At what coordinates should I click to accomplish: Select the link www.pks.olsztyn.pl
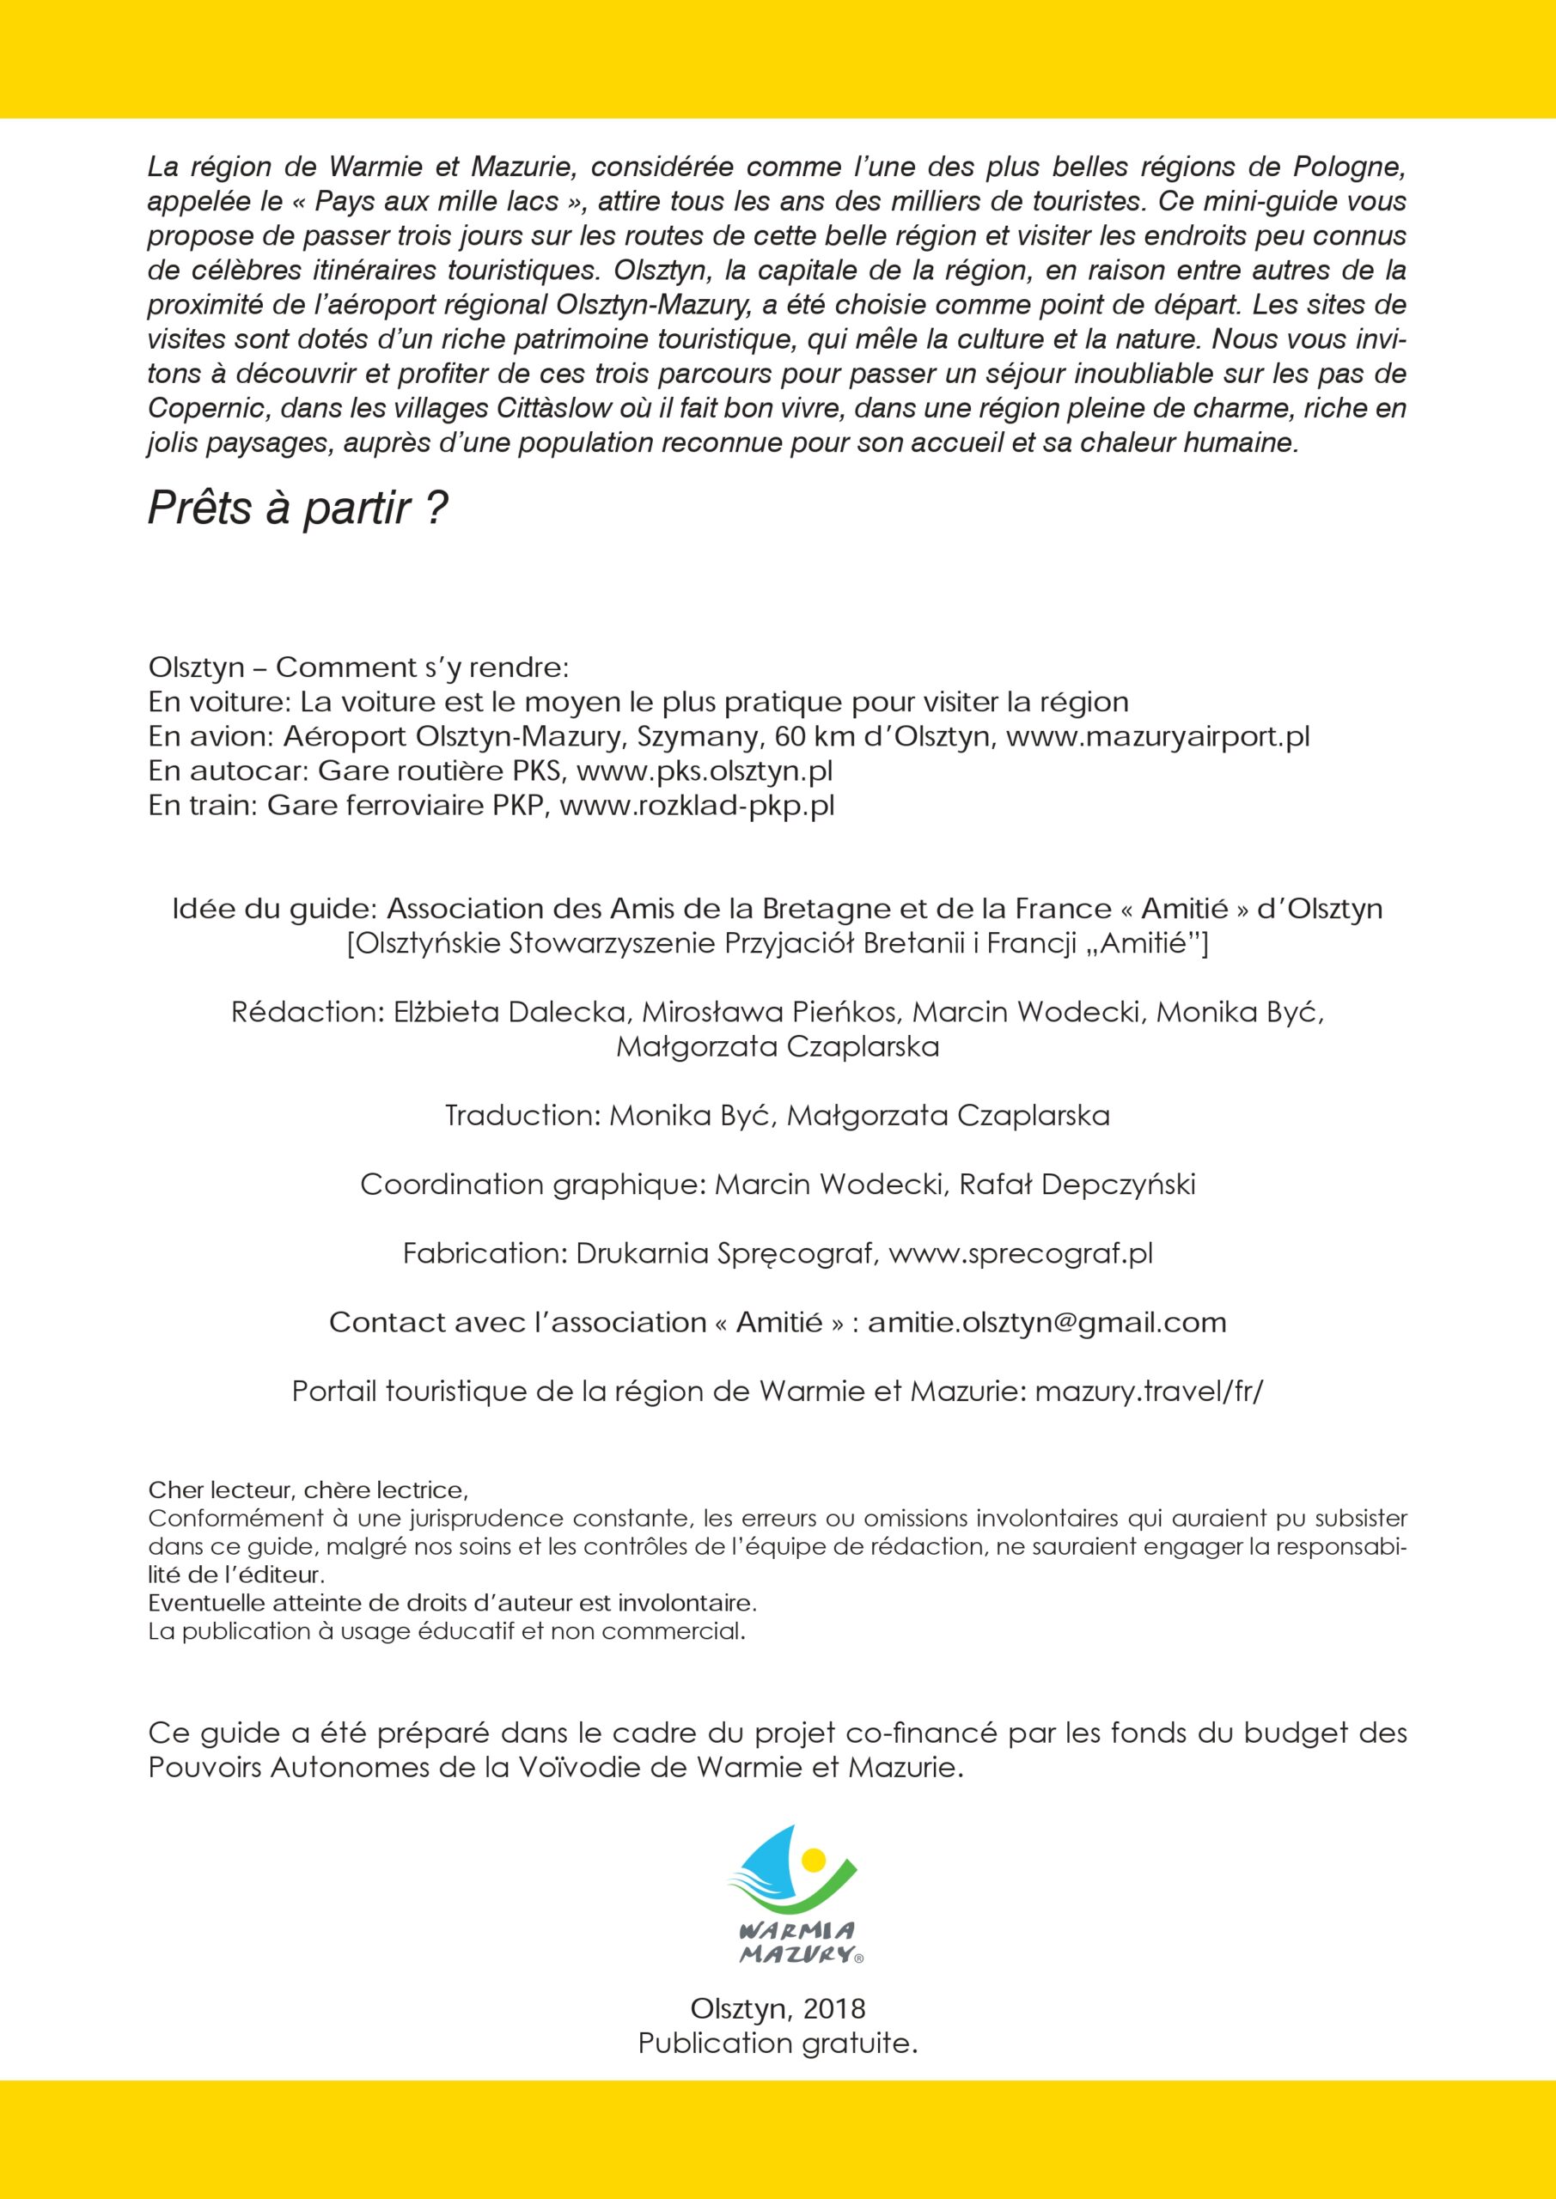click(x=705, y=771)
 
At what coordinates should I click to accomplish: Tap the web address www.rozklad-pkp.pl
click(x=697, y=806)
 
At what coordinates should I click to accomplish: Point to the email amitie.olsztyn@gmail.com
click(x=1046, y=1323)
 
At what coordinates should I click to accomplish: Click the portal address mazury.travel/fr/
click(x=1149, y=1392)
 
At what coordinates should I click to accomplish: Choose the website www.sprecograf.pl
click(x=1021, y=1254)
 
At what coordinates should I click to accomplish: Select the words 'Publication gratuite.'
click(x=778, y=2043)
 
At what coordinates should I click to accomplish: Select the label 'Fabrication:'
click(x=485, y=1254)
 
